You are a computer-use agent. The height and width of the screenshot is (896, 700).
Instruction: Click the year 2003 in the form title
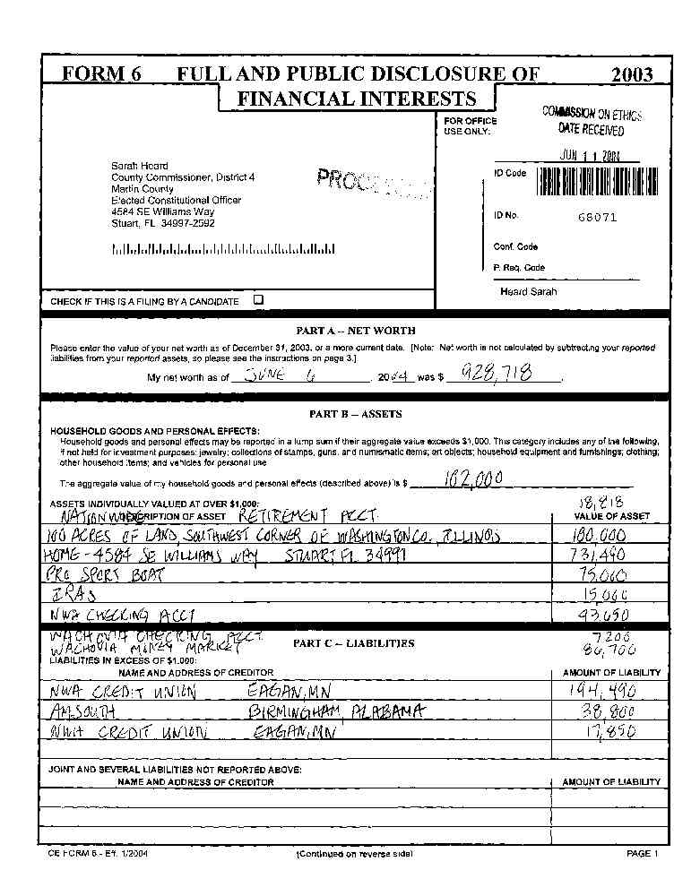pos(632,74)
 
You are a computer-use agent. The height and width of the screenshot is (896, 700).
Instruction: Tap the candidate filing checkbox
pos(258,300)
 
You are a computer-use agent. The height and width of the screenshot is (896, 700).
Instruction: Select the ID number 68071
pos(598,217)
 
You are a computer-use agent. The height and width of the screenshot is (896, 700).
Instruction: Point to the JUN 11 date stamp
pos(591,155)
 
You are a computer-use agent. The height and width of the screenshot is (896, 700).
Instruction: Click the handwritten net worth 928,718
pos(496,374)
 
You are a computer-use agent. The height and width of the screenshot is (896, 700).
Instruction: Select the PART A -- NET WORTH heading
pos(356,331)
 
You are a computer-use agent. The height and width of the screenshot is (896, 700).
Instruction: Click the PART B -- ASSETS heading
pos(356,414)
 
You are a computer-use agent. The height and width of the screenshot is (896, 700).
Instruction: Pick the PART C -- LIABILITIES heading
pos(353,643)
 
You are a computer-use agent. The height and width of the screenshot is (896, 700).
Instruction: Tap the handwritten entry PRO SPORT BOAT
pos(103,576)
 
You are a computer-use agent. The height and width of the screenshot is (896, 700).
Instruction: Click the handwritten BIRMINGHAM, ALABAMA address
pos(335,711)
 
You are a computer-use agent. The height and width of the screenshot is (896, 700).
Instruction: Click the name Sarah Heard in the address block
pos(139,166)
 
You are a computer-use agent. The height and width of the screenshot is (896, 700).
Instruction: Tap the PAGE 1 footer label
pos(643,854)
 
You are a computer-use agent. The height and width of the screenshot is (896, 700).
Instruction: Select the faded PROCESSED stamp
pos(372,182)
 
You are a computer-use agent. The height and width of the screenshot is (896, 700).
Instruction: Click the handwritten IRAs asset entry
pos(71,595)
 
